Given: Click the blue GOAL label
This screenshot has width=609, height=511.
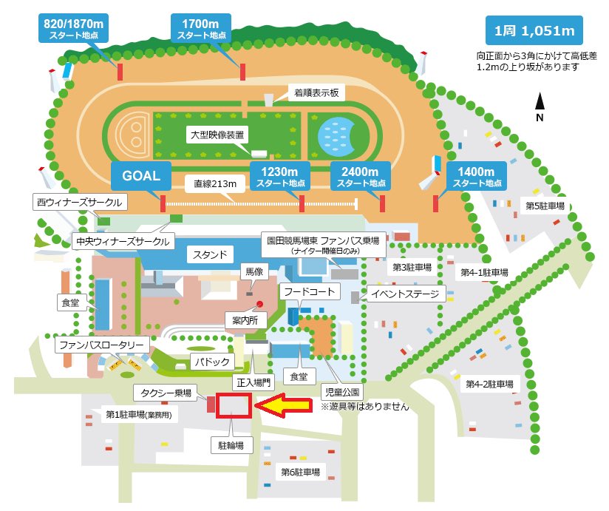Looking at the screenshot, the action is [141, 176].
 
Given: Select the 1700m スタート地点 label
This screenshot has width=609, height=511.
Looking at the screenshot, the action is [199, 28].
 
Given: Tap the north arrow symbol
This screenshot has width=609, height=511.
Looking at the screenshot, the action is [540, 106].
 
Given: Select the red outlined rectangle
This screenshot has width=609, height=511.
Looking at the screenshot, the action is [234, 405].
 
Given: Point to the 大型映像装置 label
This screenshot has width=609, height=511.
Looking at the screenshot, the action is [215, 135].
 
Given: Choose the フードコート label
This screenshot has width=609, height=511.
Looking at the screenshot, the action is [310, 292].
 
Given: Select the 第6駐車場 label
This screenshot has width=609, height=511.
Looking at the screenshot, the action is [301, 472].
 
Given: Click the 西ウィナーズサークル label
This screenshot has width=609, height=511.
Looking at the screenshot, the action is [78, 201].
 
